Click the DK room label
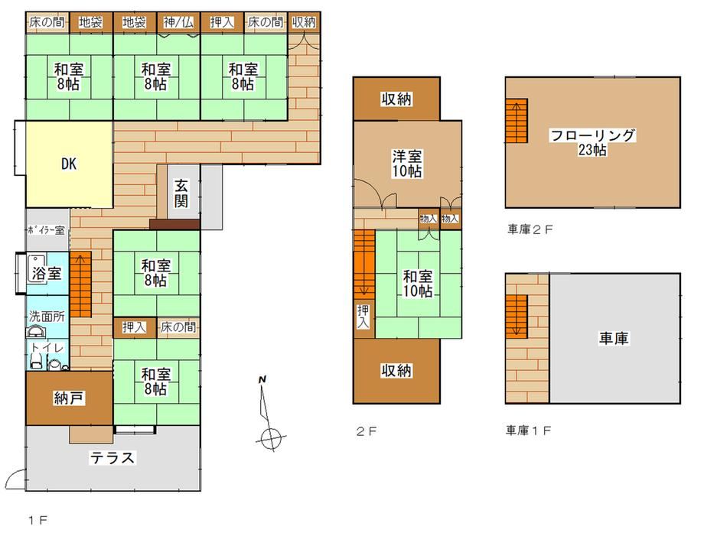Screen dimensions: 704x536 point(69,164)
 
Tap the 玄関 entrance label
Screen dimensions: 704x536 point(181,193)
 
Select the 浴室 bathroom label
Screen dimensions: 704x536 point(46,273)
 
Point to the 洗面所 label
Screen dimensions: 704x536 point(47,317)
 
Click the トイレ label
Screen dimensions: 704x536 point(47,348)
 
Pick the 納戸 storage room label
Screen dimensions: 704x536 point(68,398)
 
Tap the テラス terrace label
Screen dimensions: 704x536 point(112,458)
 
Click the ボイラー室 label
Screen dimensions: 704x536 point(46,231)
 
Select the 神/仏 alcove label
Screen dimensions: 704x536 point(178,22)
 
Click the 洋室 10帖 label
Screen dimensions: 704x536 point(407,164)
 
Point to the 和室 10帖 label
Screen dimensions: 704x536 point(418,284)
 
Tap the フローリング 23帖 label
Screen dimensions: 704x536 point(592,142)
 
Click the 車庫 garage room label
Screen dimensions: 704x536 point(614,338)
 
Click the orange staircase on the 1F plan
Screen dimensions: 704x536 point(81,284)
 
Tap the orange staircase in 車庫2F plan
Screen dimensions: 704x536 point(517,121)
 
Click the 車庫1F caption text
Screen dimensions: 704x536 point(529,430)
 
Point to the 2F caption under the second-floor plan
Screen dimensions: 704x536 point(367,431)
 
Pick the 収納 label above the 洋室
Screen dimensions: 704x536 point(396,99)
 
